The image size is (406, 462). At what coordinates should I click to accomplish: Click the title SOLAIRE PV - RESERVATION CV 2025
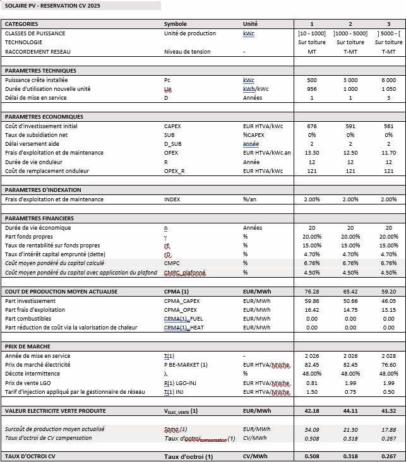tap(52, 6)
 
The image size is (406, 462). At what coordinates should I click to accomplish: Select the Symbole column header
tap(175, 24)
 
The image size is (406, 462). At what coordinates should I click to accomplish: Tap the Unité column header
tap(250, 24)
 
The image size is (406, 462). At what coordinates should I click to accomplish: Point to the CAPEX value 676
tap(312, 126)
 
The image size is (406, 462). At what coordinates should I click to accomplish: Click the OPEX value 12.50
tap(350, 153)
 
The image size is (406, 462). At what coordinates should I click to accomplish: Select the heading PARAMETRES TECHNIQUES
tap(40, 71)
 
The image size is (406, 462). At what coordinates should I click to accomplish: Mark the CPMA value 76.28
tap(312, 292)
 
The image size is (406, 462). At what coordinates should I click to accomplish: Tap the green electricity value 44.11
tap(350, 411)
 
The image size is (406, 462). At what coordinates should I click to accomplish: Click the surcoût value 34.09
tap(312, 429)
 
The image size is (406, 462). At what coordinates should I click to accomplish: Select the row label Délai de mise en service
tap(36, 98)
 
